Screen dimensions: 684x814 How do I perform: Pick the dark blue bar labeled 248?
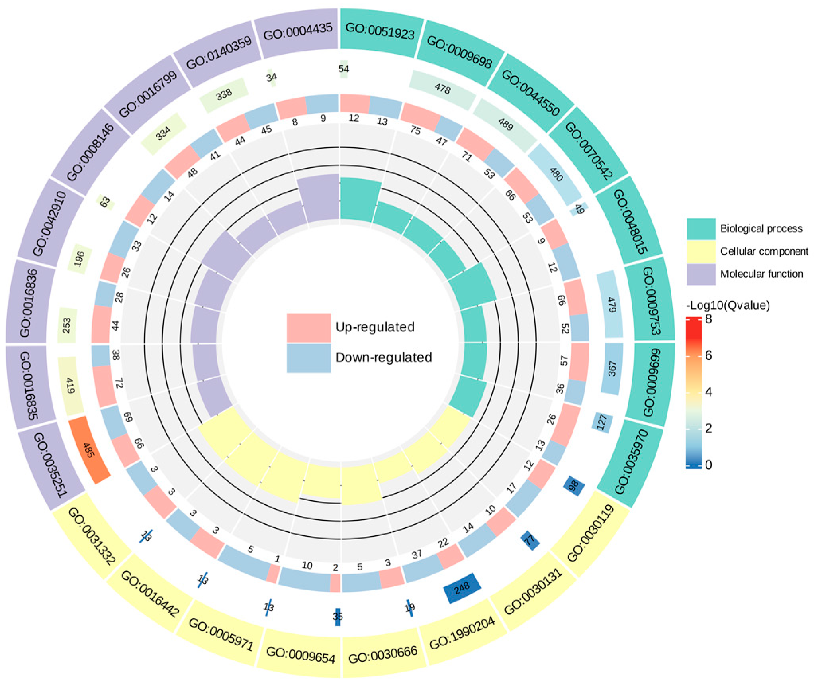tap(462, 588)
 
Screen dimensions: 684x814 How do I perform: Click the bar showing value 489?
tap(505, 125)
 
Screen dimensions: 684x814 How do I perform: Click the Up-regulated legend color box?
tap(309, 327)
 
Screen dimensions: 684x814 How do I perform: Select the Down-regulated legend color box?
tap(309, 358)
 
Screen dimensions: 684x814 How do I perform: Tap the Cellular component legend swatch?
tap(701, 251)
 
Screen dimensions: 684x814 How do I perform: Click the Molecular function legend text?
tap(761, 274)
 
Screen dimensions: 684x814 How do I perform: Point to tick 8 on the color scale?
tap(708, 319)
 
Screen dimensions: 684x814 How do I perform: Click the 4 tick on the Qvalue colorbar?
tap(708, 392)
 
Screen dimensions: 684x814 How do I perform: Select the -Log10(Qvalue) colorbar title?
tap(728, 306)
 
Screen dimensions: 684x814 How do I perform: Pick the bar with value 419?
tap(70, 386)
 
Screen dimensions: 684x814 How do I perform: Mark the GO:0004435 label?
tap(298, 32)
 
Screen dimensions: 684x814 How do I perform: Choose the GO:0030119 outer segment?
tap(590, 534)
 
